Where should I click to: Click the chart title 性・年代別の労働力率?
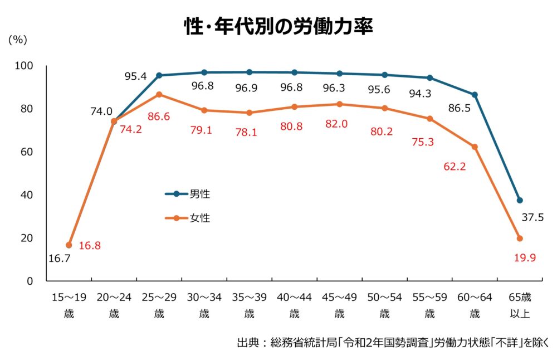[x=278, y=27]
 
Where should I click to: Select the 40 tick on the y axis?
[x=27, y=195]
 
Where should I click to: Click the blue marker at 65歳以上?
[x=520, y=200]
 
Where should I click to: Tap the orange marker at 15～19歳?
[x=69, y=245]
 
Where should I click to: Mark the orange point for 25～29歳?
[x=159, y=95]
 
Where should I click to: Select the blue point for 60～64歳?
[x=475, y=95]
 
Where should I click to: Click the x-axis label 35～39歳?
[x=250, y=305]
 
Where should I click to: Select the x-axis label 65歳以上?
[x=520, y=305]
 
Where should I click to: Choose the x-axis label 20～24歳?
[x=114, y=305]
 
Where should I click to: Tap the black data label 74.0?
[x=101, y=111]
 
